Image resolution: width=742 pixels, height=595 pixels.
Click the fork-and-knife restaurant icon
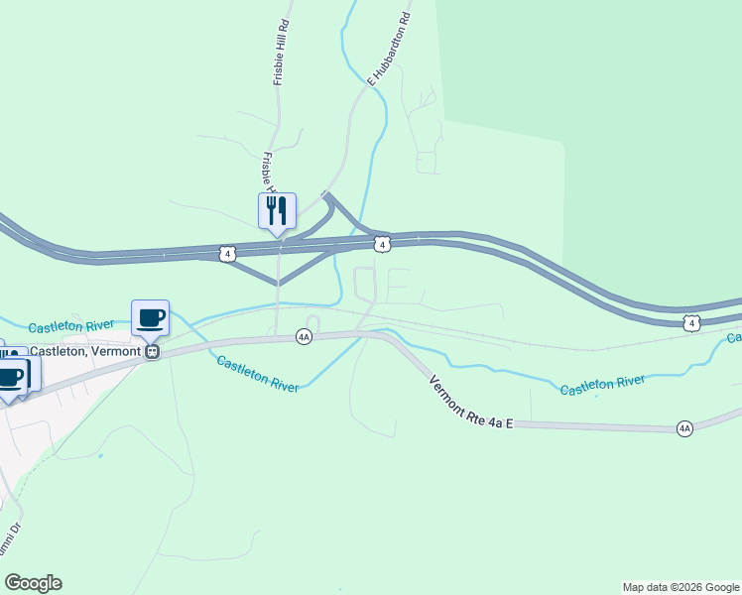pos(278,210)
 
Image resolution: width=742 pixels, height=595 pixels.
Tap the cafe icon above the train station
pos(150,317)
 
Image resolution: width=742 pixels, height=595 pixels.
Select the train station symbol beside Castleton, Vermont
pos(152,351)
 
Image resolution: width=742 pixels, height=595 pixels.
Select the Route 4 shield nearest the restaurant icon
pos(228,254)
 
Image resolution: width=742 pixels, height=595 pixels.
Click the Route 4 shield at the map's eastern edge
pos(692,323)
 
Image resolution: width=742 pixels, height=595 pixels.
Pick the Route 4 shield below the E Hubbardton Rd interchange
pos(381,243)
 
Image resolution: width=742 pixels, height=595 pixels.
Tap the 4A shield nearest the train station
pos(305,337)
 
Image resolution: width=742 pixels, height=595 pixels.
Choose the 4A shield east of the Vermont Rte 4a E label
pos(684,428)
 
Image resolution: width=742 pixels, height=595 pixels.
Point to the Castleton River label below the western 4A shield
pos(258,375)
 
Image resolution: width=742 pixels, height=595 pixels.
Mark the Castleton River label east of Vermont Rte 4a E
pos(602,385)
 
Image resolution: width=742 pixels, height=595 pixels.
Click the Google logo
pos(33,583)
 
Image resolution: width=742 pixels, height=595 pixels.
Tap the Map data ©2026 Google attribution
pos(680,587)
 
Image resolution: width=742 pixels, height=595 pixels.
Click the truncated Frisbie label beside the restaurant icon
pos(267,174)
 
